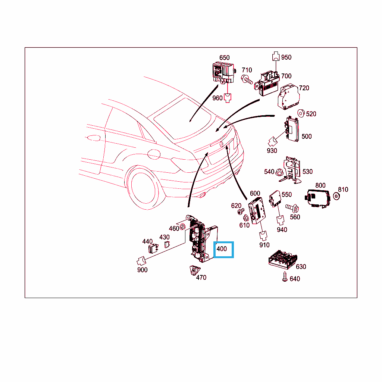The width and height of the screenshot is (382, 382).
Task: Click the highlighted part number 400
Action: point(222,249)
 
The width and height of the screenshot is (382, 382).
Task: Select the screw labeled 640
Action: point(285,277)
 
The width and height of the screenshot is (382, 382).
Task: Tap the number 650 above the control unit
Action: point(224,58)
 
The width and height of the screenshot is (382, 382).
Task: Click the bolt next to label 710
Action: point(247,79)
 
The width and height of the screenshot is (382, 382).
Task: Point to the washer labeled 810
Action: point(336,196)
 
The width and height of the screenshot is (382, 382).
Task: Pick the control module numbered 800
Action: point(318,198)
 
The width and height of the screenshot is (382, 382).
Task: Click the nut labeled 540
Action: point(279,172)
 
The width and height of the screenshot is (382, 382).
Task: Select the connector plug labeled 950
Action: point(276,56)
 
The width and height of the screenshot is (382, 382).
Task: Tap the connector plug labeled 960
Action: point(228,98)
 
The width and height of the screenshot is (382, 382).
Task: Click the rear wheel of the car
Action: point(143,187)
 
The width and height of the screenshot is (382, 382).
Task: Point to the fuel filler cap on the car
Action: point(154,154)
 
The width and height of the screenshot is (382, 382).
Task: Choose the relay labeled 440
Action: point(153,248)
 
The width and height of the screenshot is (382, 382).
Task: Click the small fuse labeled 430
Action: point(167,244)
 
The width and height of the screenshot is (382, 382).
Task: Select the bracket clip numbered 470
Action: point(195,270)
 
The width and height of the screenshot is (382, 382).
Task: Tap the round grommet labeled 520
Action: point(301,113)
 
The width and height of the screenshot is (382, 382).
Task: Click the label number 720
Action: point(304,88)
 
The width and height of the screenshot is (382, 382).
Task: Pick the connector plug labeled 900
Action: point(141,261)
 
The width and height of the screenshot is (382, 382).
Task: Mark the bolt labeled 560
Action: point(292,208)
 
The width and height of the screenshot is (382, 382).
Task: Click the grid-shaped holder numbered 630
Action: point(283,260)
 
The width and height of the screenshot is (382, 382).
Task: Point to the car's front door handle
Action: point(94,138)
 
